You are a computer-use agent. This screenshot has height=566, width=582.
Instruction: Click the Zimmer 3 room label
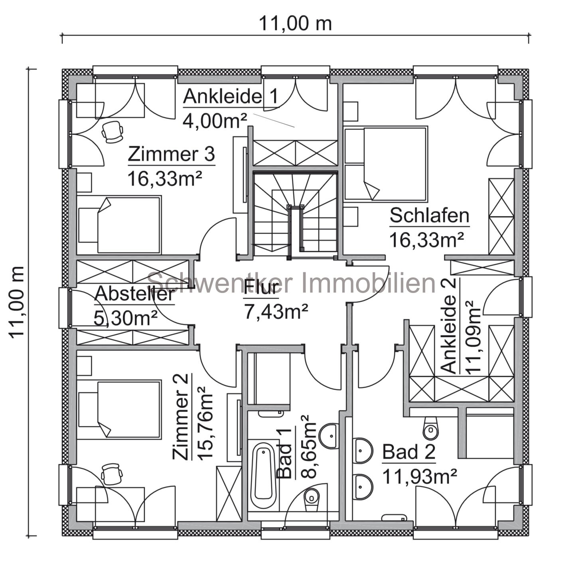(x=172, y=154)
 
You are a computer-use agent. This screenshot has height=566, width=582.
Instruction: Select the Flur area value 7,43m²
(x=276, y=311)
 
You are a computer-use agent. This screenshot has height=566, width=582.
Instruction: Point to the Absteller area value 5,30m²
(x=126, y=318)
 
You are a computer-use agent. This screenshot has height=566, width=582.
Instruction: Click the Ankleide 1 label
(x=231, y=96)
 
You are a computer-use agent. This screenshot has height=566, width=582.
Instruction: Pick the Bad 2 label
(x=408, y=452)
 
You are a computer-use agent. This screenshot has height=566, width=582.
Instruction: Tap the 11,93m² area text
(x=420, y=477)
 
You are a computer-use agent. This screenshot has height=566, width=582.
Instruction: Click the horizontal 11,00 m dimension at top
(x=295, y=24)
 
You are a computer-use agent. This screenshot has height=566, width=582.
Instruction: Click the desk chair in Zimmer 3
(x=112, y=133)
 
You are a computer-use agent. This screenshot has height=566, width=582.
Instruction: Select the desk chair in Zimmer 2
(x=112, y=474)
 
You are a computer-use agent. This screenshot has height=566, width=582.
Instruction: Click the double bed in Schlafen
(x=386, y=163)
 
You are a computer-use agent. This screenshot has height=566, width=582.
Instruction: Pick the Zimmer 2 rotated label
(x=181, y=417)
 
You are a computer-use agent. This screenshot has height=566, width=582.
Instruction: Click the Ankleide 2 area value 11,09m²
(x=473, y=338)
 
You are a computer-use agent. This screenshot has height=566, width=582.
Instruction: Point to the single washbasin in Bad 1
(x=329, y=435)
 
